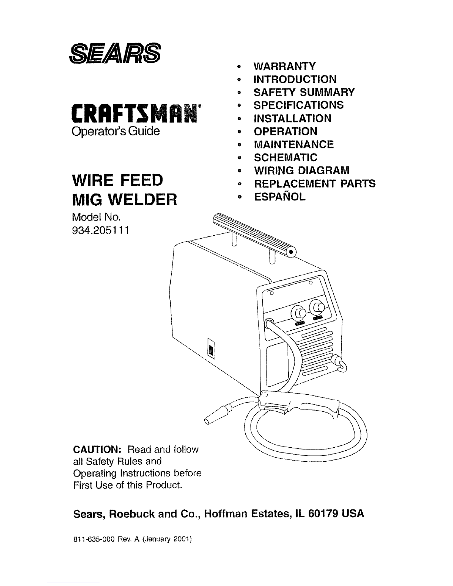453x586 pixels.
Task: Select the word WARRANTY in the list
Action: pyautogui.click(x=284, y=66)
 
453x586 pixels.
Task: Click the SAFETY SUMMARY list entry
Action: pyautogui.click(x=304, y=92)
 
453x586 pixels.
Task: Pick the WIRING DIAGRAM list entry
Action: pyautogui.click(x=302, y=170)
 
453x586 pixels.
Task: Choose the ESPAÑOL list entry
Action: pyautogui.click(x=280, y=196)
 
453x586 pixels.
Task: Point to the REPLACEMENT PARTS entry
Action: pyautogui.click(x=315, y=183)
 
